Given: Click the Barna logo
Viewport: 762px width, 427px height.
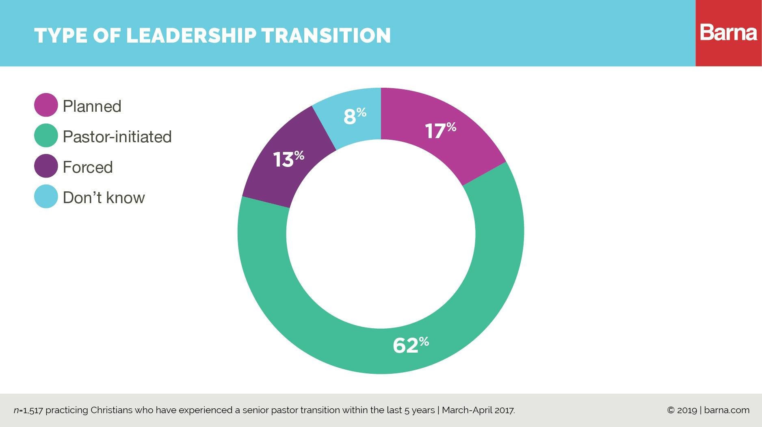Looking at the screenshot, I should (x=728, y=33).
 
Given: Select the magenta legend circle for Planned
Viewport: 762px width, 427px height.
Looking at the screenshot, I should (x=46, y=105).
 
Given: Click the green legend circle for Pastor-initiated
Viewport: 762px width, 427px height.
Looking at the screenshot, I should (x=46, y=136).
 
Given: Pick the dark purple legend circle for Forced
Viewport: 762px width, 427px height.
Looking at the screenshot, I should (x=46, y=166).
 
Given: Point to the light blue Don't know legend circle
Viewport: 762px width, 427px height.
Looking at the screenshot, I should (x=46, y=197).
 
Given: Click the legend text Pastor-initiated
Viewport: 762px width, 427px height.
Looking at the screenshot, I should (x=117, y=137).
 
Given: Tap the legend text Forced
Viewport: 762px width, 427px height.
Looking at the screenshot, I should (x=88, y=167).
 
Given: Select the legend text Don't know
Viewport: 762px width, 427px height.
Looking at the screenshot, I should (x=104, y=197).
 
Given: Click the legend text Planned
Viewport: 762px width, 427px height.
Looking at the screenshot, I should (x=92, y=106).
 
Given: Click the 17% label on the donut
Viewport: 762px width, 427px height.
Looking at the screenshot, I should (x=440, y=130).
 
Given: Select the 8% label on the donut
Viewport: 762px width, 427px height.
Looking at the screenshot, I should (x=355, y=116).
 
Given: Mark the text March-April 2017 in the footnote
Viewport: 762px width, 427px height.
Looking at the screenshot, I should (x=478, y=410).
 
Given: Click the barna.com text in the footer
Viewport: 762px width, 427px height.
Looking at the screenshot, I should (x=727, y=410).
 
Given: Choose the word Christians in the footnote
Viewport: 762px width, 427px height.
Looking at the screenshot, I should (x=111, y=410).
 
